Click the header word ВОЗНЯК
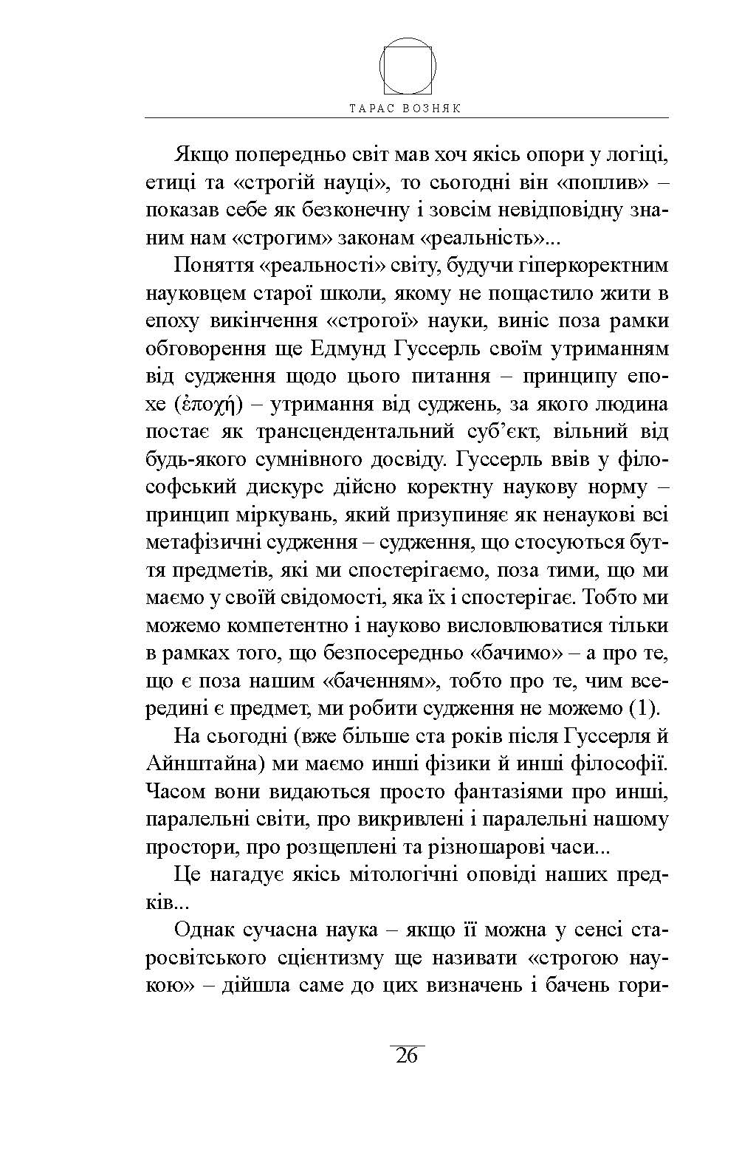click(433, 108)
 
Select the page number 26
click(407, 1055)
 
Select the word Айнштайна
click(199, 764)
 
